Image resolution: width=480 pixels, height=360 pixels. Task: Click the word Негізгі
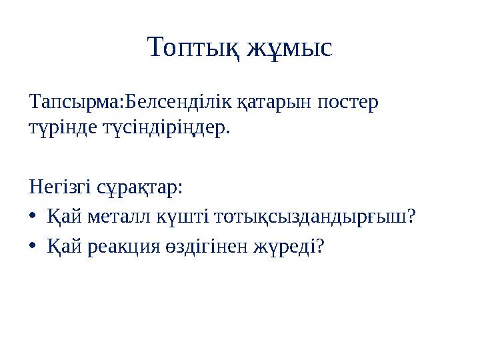click(x=61, y=188)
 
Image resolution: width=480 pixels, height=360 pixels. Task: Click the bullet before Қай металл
click(x=34, y=217)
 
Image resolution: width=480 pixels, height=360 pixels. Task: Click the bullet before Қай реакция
click(x=34, y=247)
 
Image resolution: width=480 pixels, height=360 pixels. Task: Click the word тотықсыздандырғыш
click(x=299, y=218)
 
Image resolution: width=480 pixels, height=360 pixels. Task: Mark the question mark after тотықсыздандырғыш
click(x=411, y=217)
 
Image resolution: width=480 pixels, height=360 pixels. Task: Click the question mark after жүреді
click(x=321, y=247)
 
